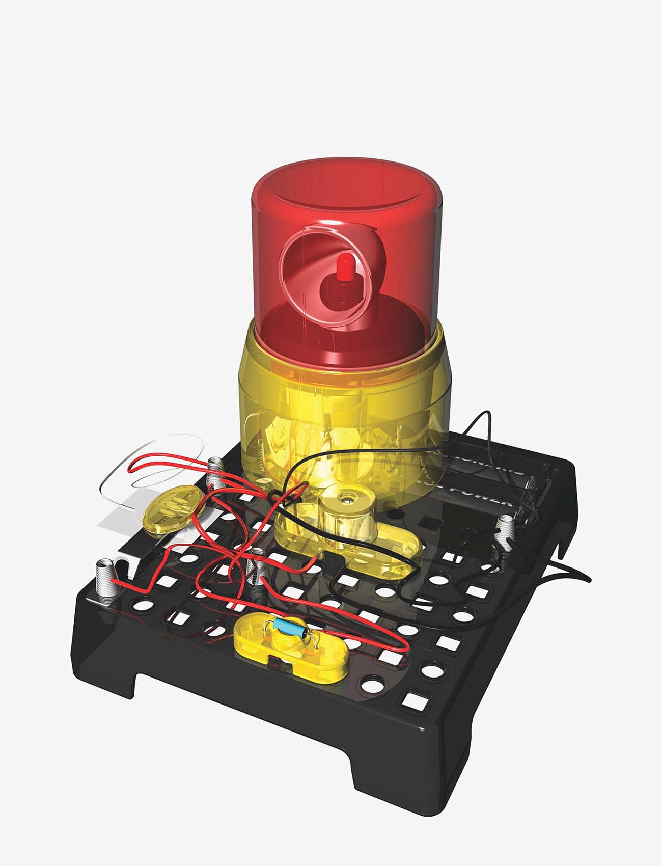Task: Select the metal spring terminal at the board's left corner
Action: (x=105, y=578)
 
